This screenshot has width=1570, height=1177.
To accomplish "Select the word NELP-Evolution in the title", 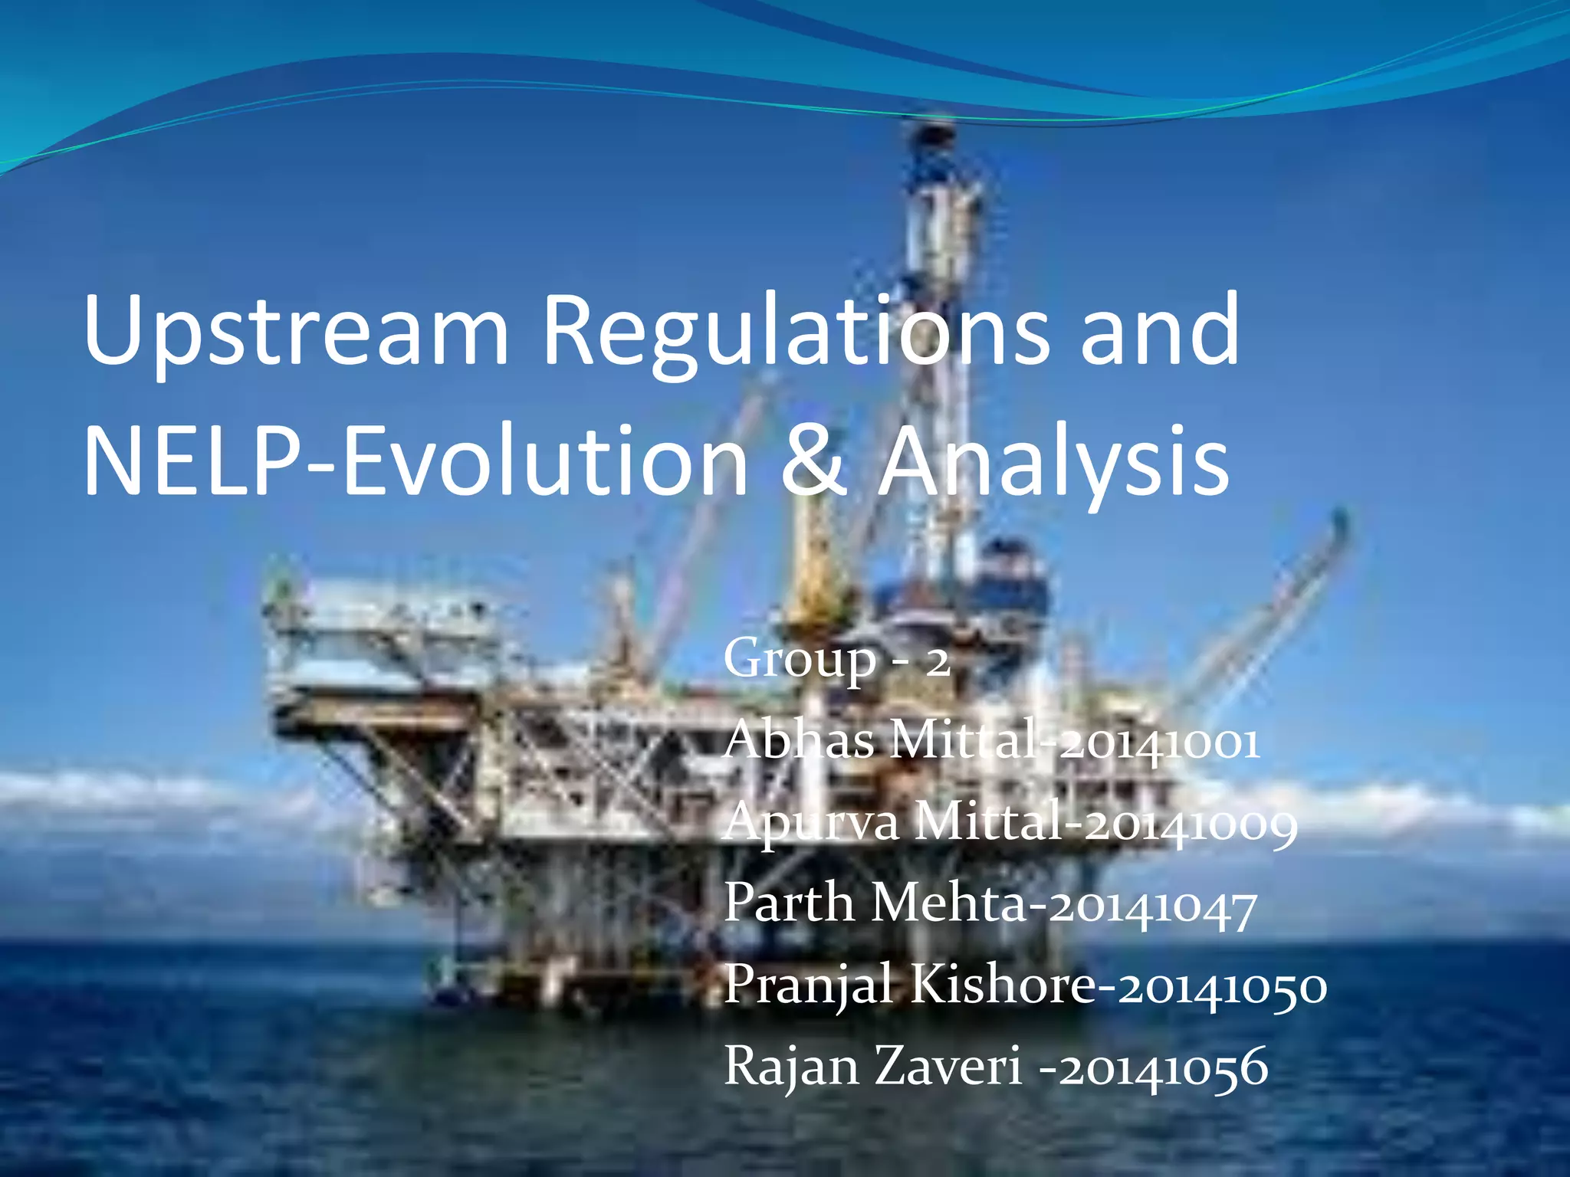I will click(415, 462).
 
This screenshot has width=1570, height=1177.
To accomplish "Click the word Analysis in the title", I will click(1055, 462).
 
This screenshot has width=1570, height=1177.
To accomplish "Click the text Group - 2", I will click(836, 659).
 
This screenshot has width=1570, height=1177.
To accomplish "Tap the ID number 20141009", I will click(1191, 824).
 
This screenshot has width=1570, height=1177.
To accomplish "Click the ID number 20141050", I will click(1222, 987).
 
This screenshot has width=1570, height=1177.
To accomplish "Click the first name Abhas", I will click(798, 742).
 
